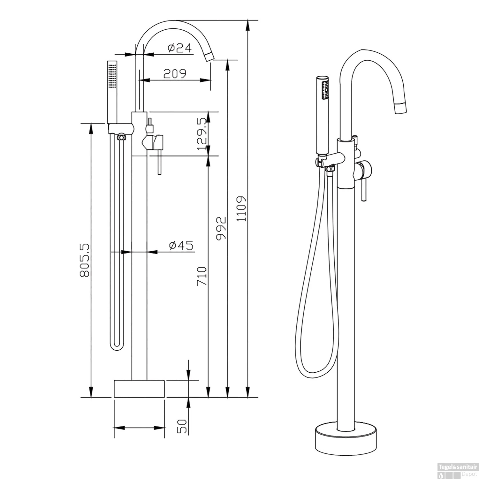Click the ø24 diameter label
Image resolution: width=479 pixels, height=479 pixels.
(x=179, y=48)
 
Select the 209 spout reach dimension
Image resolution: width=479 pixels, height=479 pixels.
(x=175, y=74)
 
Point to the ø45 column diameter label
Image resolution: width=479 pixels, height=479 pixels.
(x=181, y=246)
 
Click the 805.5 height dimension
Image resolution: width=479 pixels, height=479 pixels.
(x=85, y=260)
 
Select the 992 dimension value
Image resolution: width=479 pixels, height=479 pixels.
(x=221, y=228)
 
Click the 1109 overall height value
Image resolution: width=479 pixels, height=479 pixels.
(x=242, y=209)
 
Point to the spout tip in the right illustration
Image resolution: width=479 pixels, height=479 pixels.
(x=401, y=108)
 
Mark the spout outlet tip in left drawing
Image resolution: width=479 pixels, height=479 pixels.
(x=209, y=57)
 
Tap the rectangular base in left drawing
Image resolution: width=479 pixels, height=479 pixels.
(x=139, y=389)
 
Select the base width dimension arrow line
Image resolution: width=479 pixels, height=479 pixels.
(x=139, y=428)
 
